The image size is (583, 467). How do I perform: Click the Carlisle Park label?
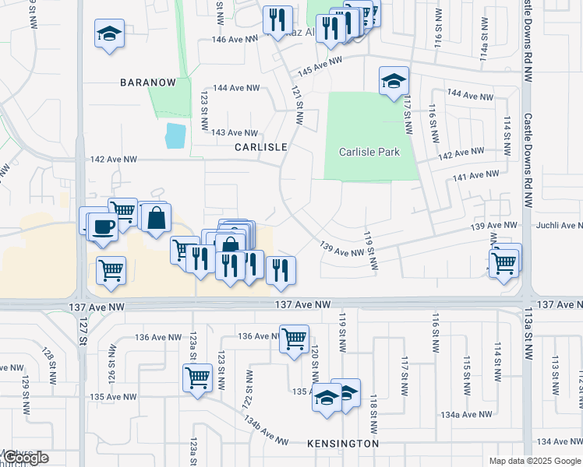coord(369,152)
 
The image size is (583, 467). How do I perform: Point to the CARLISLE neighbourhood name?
coord(261,146)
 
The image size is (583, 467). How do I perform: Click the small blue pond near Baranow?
coord(175,136)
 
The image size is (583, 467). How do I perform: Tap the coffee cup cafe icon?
coord(103,226)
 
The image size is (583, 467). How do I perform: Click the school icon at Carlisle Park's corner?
coord(394,80)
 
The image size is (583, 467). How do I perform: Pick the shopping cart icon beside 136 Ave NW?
coord(294,339)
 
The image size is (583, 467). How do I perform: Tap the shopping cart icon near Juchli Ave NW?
coord(505,263)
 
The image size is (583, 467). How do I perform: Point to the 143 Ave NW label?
coord(235,133)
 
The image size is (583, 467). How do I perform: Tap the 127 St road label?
coord(83,328)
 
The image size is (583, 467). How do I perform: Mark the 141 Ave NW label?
coord(475,176)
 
